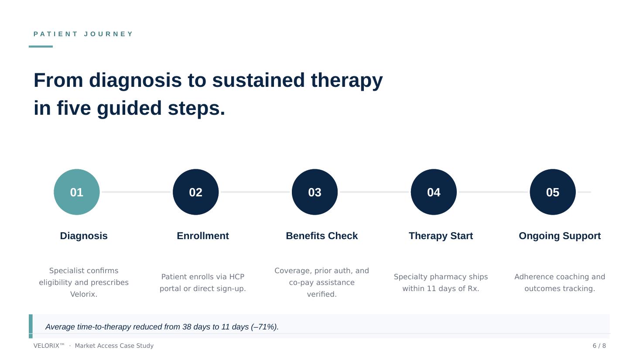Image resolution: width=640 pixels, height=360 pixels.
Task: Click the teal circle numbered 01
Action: click(x=77, y=192)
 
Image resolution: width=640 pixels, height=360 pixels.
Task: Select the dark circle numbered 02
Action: click(x=195, y=192)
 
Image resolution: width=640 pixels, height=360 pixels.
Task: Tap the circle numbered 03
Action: click(x=315, y=192)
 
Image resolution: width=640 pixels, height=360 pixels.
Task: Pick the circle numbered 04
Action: click(x=434, y=192)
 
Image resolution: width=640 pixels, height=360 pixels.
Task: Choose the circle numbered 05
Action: click(x=552, y=192)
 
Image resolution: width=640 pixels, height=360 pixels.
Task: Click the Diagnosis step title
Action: click(x=84, y=236)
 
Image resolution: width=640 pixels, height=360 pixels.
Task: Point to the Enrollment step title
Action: click(x=202, y=236)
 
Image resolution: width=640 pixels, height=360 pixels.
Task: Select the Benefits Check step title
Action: click(x=322, y=236)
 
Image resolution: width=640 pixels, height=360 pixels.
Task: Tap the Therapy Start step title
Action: click(x=441, y=236)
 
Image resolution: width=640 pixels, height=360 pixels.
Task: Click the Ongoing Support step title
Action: click(x=559, y=236)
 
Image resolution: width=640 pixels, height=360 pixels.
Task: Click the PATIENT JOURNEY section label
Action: click(x=83, y=34)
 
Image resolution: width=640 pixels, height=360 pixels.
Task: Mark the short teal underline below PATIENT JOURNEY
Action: click(x=41, y=46)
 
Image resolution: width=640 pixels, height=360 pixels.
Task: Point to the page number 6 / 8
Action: click(x=599, y=346)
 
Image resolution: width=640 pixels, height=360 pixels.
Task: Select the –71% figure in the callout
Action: click(x=264, y=327)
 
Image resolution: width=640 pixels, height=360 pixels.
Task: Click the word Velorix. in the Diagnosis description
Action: click(x=84, y=295)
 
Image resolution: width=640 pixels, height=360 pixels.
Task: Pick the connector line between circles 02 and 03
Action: click(x=255, y=192)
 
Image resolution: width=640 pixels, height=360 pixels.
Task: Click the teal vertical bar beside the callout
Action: click(x=31, y=326)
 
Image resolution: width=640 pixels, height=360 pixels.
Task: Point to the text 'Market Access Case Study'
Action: click(x=114, y=346)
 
